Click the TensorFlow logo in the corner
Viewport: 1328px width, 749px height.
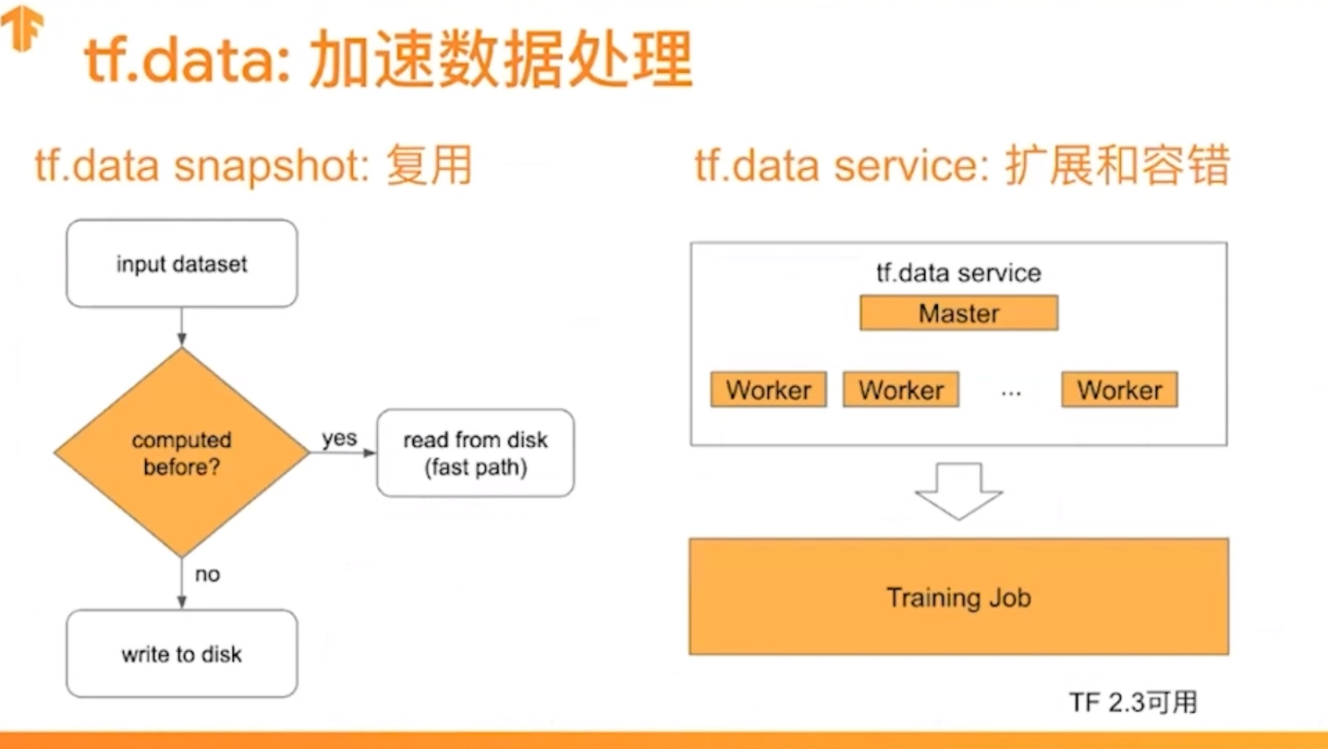tap(21, 30)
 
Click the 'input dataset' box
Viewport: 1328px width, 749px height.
tap(182, 264)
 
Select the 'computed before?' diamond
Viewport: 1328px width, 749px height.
tap(181, 453)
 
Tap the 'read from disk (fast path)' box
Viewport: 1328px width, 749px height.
tap(475, 453)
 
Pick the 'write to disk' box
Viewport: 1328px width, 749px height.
tap(182, 655)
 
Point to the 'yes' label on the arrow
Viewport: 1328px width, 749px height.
tap(339, 439)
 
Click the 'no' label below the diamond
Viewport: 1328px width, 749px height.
tap(207, 574)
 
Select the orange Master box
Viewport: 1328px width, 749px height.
tap(958, 313)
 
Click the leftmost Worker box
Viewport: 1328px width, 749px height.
tap(768, 390)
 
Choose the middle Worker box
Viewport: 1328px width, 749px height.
tap(900, 390)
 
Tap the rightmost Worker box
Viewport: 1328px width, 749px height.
tap(1119, 390)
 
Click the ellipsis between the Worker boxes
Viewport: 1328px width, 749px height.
tap(1011, 393)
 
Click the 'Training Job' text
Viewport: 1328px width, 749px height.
tap(958, 598)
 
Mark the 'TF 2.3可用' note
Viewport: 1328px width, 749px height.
tap(1133, 702)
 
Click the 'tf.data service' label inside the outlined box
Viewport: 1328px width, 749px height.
tap(958, 273)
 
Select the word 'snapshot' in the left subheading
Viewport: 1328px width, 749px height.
tap(255, 167)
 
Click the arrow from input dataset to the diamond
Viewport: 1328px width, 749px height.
tap(181, 327)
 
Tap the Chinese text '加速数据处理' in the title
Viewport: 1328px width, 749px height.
tap(500, 62)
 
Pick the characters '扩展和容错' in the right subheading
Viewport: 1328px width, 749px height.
tap(1115, 167)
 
